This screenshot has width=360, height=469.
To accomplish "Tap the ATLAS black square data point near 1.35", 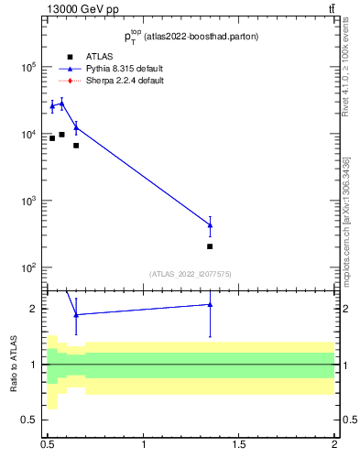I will click(211, 246).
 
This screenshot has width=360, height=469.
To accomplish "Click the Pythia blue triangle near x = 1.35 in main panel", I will click(211, 225).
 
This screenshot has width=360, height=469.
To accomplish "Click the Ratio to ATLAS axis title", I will click(14, 365).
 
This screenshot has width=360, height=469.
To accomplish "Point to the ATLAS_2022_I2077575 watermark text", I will click(191, 273).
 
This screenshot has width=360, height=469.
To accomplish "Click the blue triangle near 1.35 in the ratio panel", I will click(211, 304).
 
